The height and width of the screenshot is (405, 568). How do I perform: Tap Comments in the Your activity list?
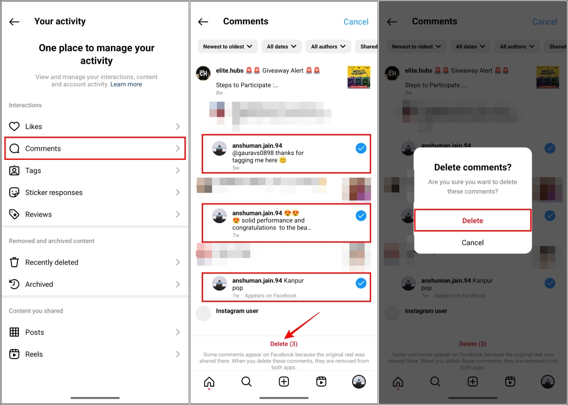coord(95,148)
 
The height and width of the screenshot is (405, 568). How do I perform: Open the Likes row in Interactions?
coord(95,126)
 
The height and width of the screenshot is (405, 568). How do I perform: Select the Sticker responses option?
coord(95,192)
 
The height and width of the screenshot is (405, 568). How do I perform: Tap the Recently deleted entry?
coord(95,262)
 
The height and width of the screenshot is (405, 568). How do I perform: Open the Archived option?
coord(95,284)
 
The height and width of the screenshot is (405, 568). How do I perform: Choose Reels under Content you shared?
coord(95,354)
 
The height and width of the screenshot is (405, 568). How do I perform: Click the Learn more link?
coord(126,84)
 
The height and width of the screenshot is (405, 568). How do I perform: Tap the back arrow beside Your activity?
coord(15,22)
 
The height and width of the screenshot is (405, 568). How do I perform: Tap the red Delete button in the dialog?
coord(472,220)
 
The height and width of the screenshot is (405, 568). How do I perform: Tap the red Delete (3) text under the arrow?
coord(284,344)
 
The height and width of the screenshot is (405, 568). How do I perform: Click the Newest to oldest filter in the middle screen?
coord(228,46)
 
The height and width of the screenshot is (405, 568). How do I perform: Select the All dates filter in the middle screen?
coord(281,46)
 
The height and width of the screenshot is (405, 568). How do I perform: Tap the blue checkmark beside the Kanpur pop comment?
coord(361,283)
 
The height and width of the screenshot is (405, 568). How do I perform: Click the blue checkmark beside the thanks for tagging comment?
coord(361,148)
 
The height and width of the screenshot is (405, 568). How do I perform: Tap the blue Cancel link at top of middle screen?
coord(356,22)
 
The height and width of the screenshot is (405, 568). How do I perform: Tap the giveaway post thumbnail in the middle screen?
coord(359,77)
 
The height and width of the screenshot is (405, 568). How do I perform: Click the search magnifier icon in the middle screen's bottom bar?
coord(246,382)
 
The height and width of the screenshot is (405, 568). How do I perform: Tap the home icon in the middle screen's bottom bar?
coord(209,382)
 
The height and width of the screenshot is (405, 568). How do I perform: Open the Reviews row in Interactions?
coord(95,214)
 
